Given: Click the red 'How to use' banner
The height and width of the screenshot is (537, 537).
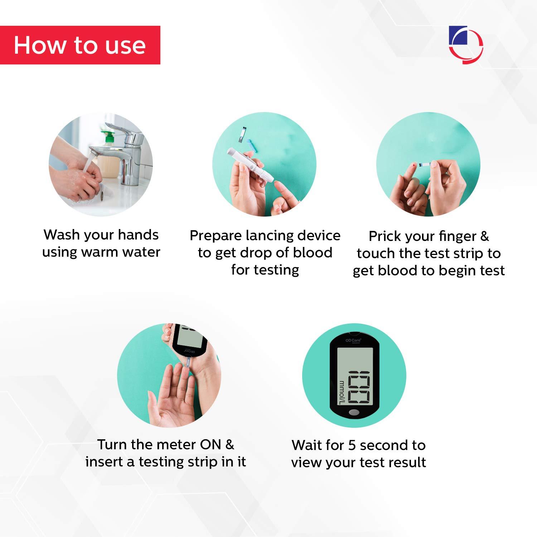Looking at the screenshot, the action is coord(80,45).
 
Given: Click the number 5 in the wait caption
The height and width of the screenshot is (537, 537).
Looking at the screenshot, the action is coord(352,445).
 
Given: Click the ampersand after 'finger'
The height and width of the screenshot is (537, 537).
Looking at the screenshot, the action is coord(484,236).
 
